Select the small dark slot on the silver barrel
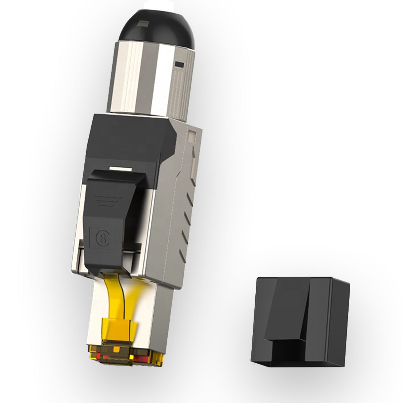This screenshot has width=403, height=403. tap(179, 63)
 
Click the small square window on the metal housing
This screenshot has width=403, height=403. tap(192, 136)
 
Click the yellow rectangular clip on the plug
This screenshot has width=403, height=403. tap(117, 328)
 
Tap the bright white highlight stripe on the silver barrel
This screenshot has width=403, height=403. tap(165, 80)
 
